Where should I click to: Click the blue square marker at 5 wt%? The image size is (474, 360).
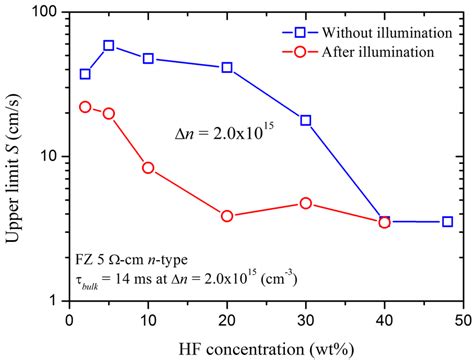coord(109,46)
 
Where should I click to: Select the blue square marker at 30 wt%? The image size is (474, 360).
coord(306,120)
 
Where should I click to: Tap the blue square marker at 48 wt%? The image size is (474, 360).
coord(447,221)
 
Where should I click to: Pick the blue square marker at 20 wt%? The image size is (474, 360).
coord(227,68)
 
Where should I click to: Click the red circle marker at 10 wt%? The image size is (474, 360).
coord(149,168)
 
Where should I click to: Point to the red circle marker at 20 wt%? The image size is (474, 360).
coord(227,216)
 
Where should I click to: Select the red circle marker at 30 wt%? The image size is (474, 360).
coord(306,203)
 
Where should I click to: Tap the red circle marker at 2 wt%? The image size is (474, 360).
coord(85,107)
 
